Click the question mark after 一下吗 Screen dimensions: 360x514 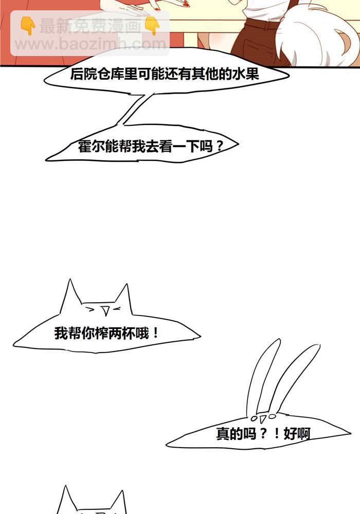219,146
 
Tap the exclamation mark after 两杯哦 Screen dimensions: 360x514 155,334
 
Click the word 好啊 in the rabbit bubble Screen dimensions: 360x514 297,434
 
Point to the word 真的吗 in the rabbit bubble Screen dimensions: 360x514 236,434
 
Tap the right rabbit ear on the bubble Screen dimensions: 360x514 295,377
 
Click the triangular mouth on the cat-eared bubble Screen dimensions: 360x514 105,310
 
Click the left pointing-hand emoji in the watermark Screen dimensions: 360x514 28,26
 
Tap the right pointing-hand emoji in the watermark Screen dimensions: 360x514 152,26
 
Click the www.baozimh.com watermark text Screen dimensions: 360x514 91,44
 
